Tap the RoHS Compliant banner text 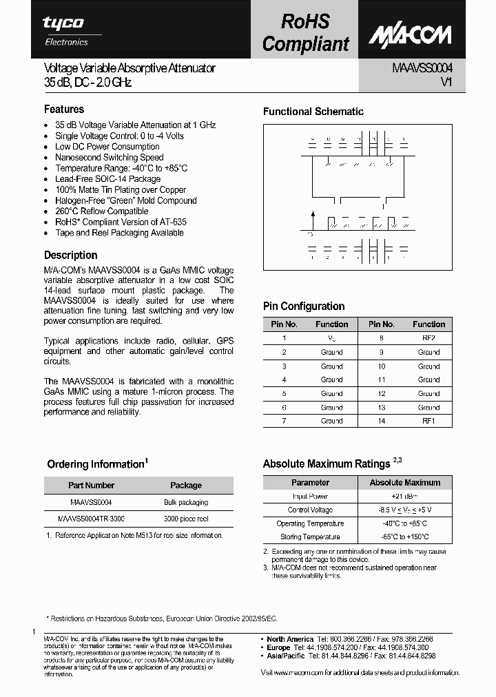[x=305, y=33]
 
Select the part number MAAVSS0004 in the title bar [x=422, y=68]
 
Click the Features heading [x=64, y=109]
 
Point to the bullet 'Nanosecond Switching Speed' [x=109, y=157]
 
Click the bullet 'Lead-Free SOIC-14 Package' [x=107, y=179]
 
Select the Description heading [x=70, y=255]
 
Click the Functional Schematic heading [x=313, y=112]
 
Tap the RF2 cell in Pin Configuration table [x=428, y=338]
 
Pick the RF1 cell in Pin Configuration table [x=428, y=421]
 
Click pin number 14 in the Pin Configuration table [x=381, y=421]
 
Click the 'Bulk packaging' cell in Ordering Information [x=185, y=502]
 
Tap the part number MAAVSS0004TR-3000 [x=91, y=518]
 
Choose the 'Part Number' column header [x=91, y=485]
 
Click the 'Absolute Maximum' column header [x=404, y=483]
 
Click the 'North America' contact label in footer [x=290, y=639]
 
